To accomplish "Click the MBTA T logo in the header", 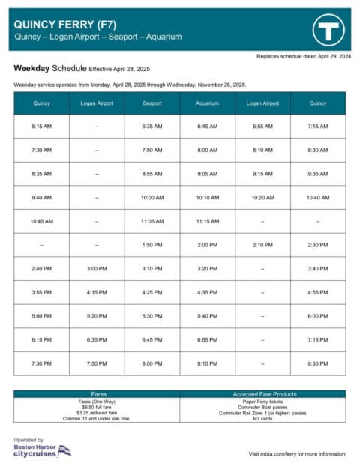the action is (x=327, y=30).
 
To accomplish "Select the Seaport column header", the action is (x=152, y=103).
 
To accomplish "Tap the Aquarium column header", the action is (x=208, y=103).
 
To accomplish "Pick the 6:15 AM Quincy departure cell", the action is (x=41, y=127).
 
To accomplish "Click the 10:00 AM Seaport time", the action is (x=152, y=198).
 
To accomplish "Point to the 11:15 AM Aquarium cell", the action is (x=208, y=221).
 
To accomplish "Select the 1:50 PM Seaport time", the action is (x=152, y=245).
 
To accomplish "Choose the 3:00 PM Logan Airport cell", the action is (x=97, y=268).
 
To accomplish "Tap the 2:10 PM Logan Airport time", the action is (x=263, y=245).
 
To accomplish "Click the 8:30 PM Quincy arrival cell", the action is (x=319, y=363).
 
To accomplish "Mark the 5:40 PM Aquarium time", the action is (x=208, y=316).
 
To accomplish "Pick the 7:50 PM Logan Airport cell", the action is (x=97, y=363).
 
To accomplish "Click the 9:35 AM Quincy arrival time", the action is (x=319, y=174).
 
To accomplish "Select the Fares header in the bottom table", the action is (x=97, y=393).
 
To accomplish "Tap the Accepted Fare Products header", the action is (x=263, y=393).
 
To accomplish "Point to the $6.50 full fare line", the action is (x=97, y=407).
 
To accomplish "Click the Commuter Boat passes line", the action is (x=263, y=407).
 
